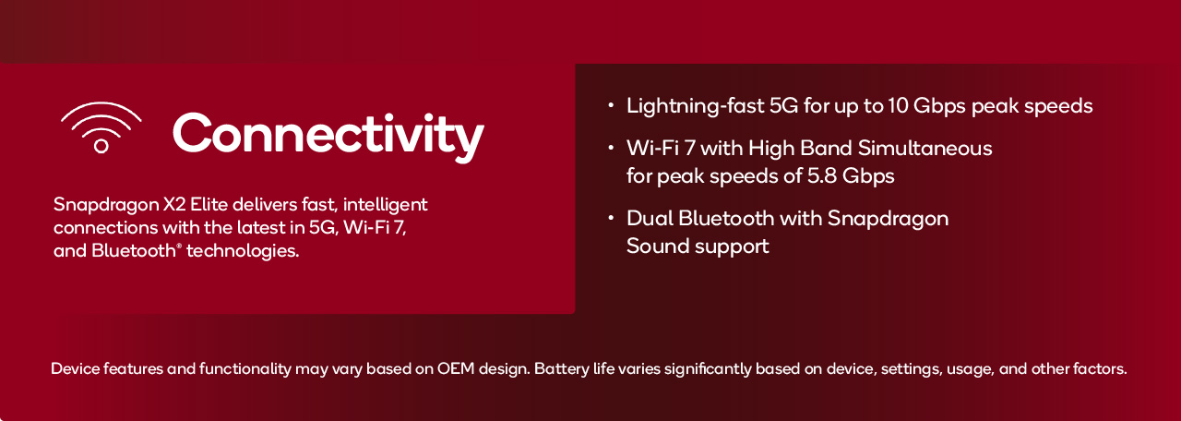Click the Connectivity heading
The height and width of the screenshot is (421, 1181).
pyautogui.click(x=328, y=136)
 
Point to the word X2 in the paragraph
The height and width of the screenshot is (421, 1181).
pyautogui.click(x=174, y=204)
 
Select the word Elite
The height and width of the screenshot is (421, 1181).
pyautogui.click(x=209, y=204)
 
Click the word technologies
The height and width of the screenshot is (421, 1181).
pyautogui.click(x=243, y=250)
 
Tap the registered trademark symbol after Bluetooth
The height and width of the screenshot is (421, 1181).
pyautogui.click(x=179, y=245)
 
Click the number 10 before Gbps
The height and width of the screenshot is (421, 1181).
pyautogui.click(x=898, y=106)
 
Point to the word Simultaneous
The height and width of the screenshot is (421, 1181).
pyautogui.click(x=925, y=149)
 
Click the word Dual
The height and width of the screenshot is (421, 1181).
pyautogui.click(x=650, y=219)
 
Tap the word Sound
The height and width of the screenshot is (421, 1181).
pyautogui.click(x=657, y=247)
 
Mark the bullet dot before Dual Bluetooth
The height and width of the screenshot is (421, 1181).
pyautogui.click(x=611, y=217)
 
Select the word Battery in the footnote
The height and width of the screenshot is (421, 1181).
pyautogui.click(x=561, y=369)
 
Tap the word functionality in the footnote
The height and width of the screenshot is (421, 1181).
pyautogui.click(x=245, y=369)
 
